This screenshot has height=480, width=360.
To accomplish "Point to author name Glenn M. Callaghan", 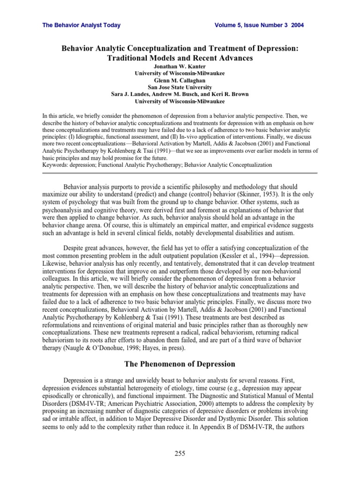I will point(180,80).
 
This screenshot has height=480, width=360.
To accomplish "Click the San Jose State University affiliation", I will point(180,87).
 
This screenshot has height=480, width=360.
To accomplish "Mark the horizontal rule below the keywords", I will point(180,173).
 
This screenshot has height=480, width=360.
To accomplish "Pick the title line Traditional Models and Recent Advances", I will point(180,58).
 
